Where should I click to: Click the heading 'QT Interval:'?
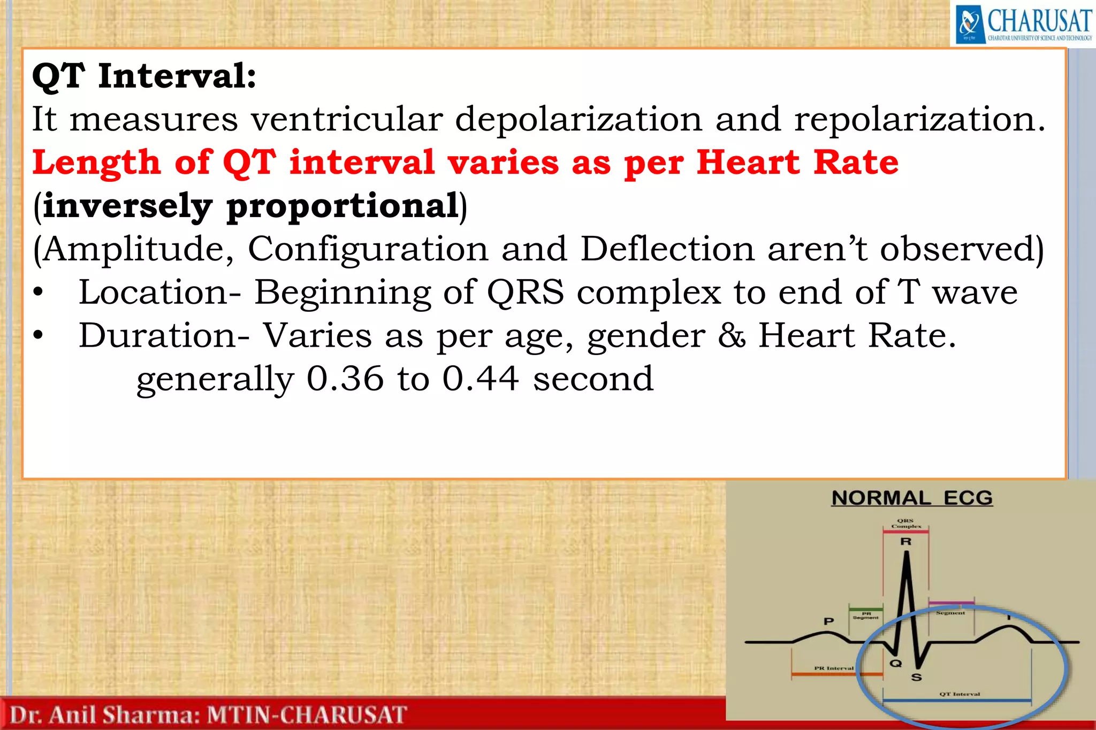point(144,76)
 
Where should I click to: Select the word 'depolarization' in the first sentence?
point(578,119)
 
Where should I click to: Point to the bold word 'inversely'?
point(127,206)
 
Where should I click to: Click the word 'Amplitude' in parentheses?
point(139,249)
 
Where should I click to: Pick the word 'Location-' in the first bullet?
point(160,293)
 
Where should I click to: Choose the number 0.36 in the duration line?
point(345,379)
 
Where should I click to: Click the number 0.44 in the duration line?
point(481,379)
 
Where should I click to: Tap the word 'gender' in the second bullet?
point(646,337)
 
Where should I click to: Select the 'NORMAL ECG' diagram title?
point(912,498)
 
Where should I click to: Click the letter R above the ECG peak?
point(905,542)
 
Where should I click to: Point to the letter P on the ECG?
point(828,621)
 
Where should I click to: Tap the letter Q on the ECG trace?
point(895,664)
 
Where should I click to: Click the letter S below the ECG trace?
point(916,678)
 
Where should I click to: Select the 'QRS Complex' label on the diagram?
point(905,523)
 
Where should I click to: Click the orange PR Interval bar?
point(836,674)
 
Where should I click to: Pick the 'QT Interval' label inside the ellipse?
point(960,694)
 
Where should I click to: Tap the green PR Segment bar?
point(866,609)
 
